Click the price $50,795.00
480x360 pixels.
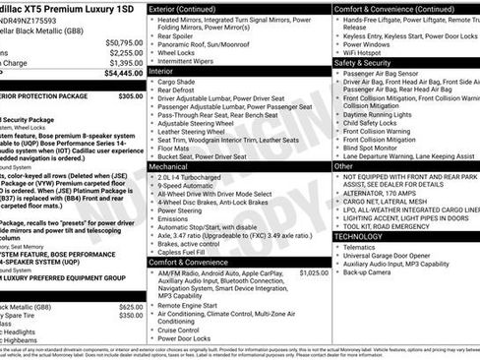[123, 42]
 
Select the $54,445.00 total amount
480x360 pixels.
[123, 72]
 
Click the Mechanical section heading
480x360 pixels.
[175, 167]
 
